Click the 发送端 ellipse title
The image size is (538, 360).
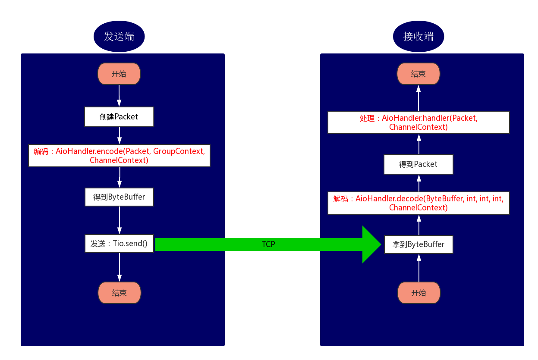click(x=119, y=37)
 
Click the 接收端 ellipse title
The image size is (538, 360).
click(x=418, y=37)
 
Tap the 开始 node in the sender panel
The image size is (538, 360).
click(x=119, y=74)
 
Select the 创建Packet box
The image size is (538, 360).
click(x=119, y=117)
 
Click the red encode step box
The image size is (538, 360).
click(x=119, y=156)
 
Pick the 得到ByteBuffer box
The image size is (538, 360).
click(x=119, y=197)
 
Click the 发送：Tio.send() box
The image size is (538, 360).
click(x=119, y=244)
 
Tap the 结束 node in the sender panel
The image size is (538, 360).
click(x=119, y=293)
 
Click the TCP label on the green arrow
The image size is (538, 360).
click(x=268, y=244)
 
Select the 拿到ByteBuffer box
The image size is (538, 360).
click(x=418, y=244)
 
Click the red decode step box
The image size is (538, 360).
click(x=418, y=203)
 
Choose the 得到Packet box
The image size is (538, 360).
click(x=418, y=164)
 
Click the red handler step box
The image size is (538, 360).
click(x=418, y=122)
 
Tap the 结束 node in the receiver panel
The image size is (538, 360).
click(x=418, y=74)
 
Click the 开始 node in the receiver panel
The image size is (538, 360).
click(x=418, y=293)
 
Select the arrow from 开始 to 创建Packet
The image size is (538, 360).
click(x=119, y=96)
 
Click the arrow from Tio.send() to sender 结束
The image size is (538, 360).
click(x=120, y=267)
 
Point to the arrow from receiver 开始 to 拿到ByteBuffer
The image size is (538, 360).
click(x=418, y=268)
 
